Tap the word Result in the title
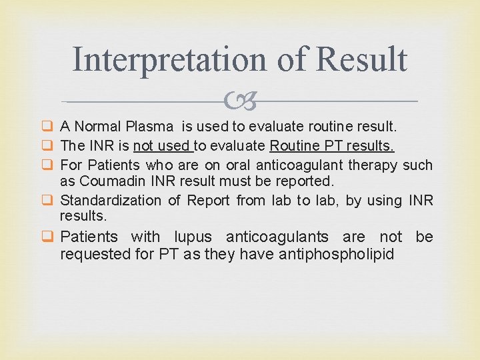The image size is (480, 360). (361, 59)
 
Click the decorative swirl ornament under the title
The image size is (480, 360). (240, 102)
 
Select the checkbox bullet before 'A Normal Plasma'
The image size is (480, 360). (48, 126)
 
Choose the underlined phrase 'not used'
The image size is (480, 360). (163, 145)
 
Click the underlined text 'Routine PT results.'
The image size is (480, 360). (331, 145)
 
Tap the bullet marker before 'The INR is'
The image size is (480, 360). (48, 145)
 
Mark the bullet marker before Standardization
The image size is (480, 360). (48, 200)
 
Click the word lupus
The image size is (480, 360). (194, 237)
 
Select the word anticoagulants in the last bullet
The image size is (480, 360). (287, 237)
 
